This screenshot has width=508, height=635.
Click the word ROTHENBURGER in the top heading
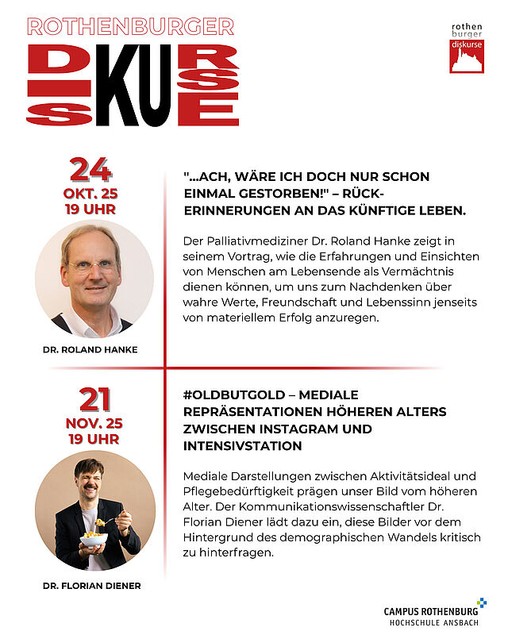coord(130,27)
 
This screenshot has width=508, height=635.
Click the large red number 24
coord(90,170)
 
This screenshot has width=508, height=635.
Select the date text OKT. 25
coord(90,194)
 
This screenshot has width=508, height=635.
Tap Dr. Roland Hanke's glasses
coord(92,266)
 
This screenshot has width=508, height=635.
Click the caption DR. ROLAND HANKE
coord(90,348)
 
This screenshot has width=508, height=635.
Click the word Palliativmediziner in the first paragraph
coord(259,240)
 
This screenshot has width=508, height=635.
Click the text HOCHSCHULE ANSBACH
coord(433,623)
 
